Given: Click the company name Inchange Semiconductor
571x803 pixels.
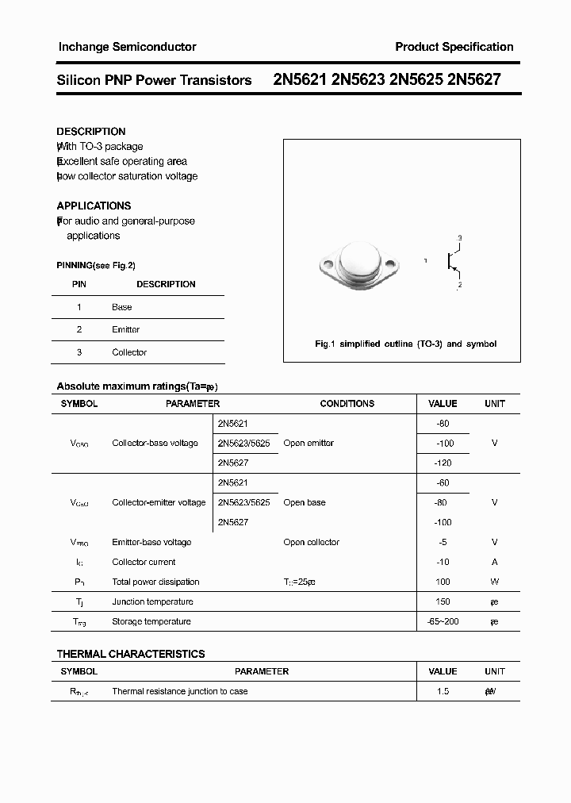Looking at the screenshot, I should (x=127, y=47).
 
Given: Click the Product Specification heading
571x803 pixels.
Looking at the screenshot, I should (x=454, y=47).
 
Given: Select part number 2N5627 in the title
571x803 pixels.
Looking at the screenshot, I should (x=473, y=80).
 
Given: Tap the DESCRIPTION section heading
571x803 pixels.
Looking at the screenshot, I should (x=91, y=132).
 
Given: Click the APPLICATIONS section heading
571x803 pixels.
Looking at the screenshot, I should (x=94, y=206).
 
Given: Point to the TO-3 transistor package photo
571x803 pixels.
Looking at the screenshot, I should (x=359, y=263).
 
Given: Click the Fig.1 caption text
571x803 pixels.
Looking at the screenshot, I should (x=405, y=344).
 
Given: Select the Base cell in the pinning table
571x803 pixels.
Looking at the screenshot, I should (x=122, y=307).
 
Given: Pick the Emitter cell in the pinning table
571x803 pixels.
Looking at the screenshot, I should (x=125, y=329).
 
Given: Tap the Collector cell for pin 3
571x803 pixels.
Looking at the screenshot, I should (x=129, y=352).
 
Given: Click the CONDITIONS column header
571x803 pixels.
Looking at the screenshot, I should (x=347, y=404).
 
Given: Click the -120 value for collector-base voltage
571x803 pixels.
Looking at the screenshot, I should (x=443, y=463).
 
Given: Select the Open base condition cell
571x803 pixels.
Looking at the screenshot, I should (x=305, y=503).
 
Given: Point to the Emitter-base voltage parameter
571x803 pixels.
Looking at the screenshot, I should (x=151, y=543).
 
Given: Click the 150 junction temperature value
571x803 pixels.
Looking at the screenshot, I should (x=443, y=602).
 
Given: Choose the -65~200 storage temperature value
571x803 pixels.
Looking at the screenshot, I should (x=443, y=622).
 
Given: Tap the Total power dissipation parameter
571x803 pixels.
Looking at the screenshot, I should (x=155, y=582).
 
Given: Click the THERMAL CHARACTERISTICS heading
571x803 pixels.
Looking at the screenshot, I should (x=131, y=654).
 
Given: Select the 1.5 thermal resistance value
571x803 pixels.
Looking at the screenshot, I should (x=443, y=692).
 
